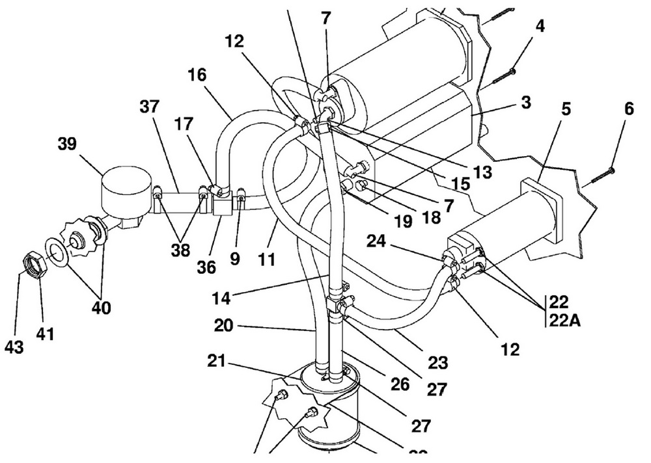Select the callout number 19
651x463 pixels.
tap(403, 222)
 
